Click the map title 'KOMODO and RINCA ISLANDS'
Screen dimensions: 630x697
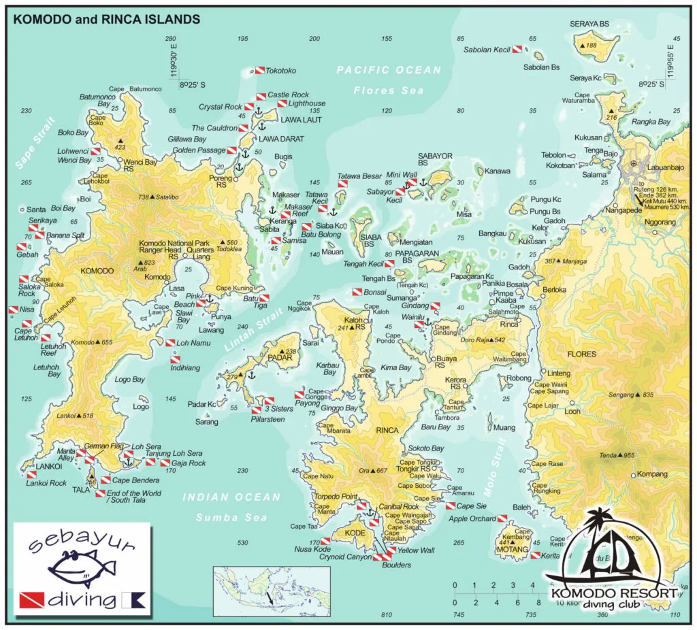[106, 19]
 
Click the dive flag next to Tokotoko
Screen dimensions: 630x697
[259, 70]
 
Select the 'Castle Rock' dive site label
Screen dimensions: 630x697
[288, 95]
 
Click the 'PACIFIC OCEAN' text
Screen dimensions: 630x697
[389, 69]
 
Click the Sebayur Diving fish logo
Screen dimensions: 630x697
[82, 568]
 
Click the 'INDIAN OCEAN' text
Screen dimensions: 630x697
[231, 497]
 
